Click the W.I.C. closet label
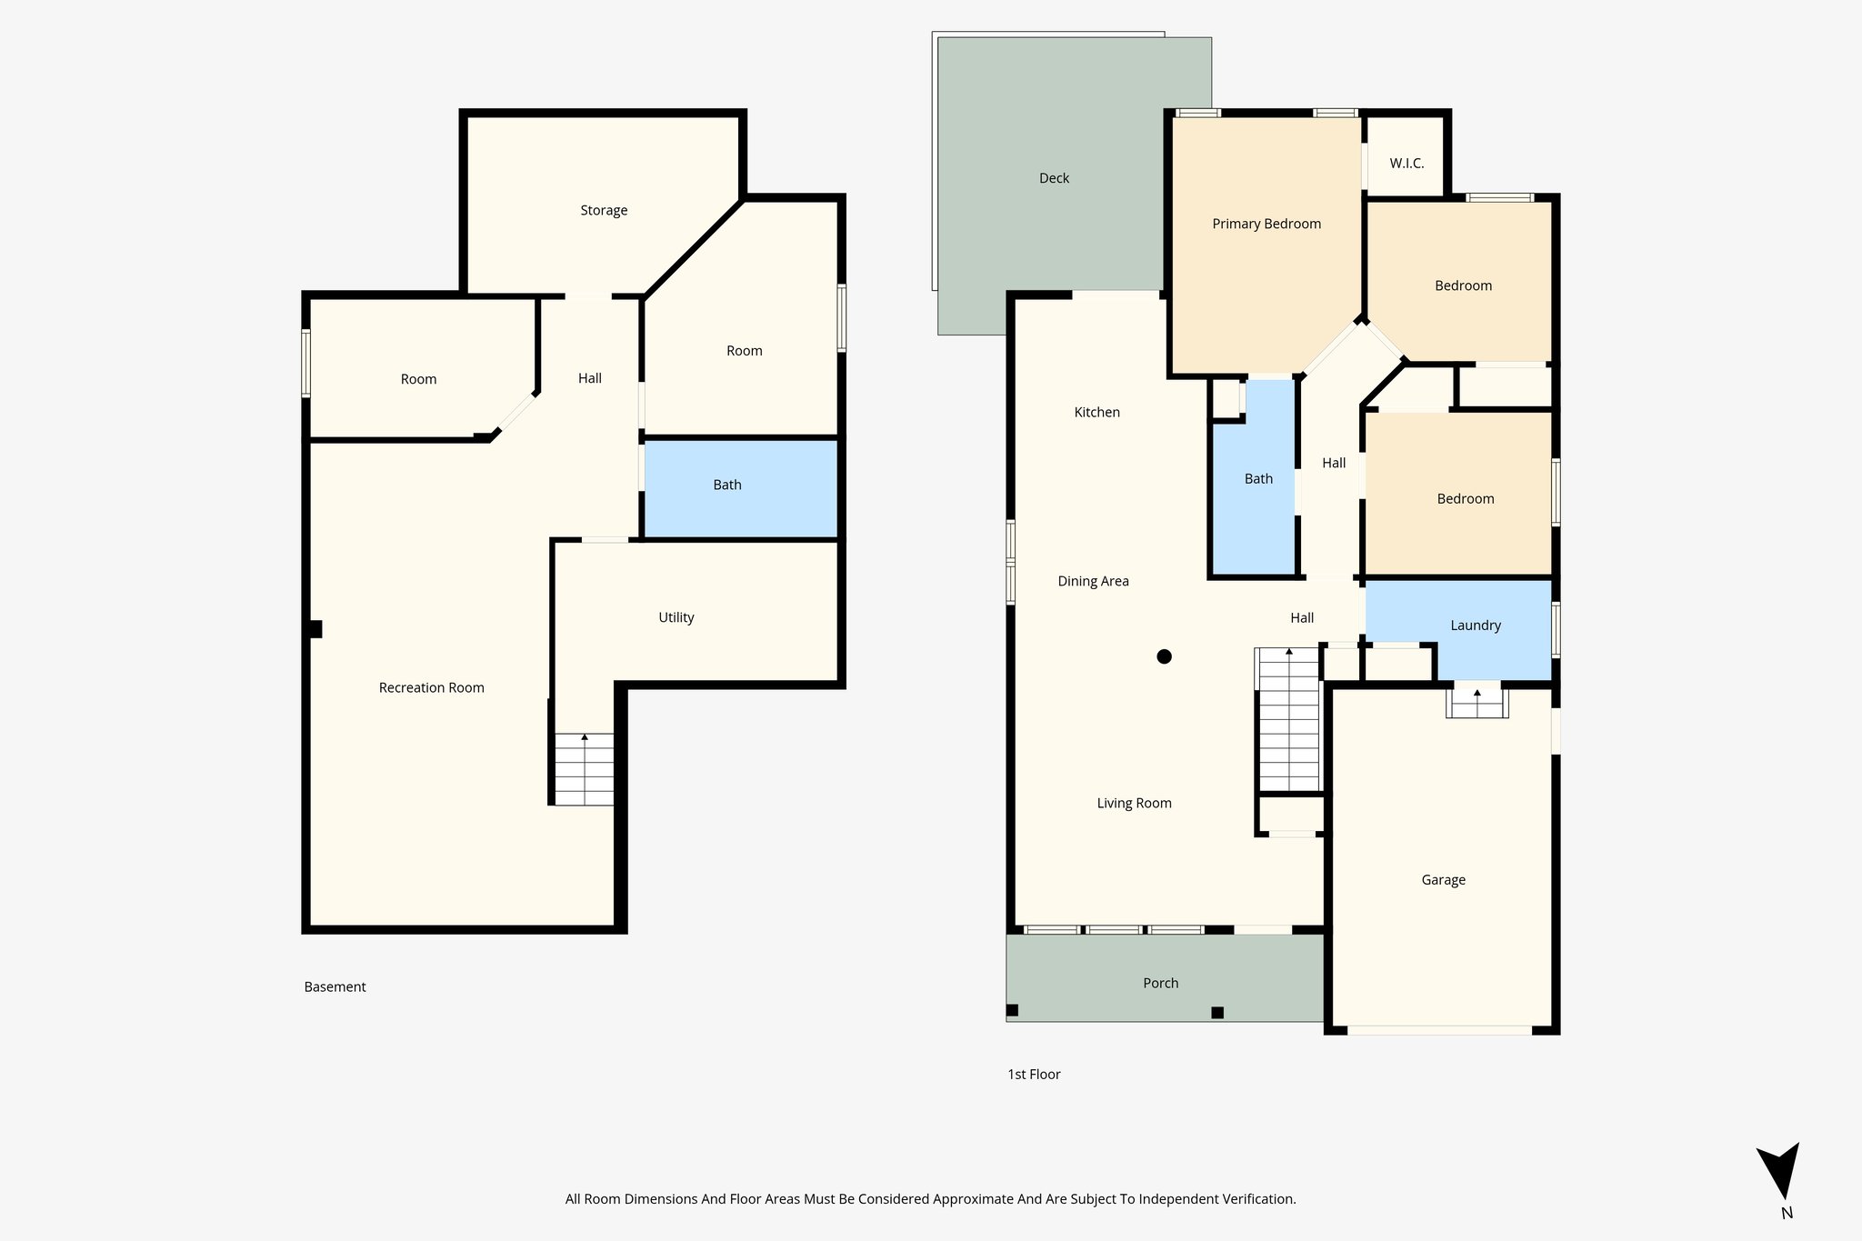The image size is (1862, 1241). [1407, 164]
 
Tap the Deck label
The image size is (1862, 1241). [1054, 178]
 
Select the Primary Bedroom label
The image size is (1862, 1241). [1266, 224]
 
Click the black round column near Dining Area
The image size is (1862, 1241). [1164, 656]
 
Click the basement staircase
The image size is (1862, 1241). [584, 769]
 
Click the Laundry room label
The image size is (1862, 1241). [1475, 626]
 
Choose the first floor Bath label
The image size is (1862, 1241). [1258, 479]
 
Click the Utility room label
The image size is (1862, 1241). [676, 617]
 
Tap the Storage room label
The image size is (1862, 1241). [604, 210]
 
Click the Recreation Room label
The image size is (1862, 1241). [431, 687]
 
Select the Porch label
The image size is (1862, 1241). [1160, 983]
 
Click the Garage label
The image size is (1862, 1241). [1443, 880]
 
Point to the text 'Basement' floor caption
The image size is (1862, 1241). [335, 986]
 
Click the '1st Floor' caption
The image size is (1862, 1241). [1034, 1074]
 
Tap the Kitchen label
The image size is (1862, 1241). [1096, 412]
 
